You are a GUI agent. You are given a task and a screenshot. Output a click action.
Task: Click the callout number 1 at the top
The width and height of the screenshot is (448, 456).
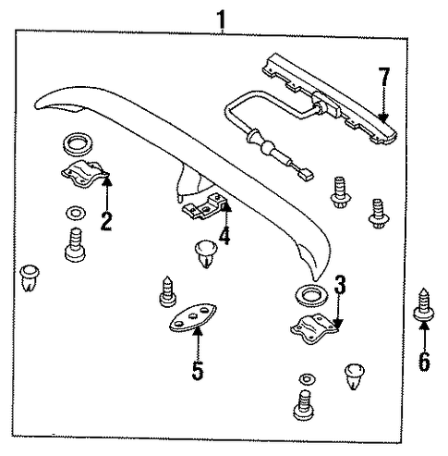(x=222, y=19)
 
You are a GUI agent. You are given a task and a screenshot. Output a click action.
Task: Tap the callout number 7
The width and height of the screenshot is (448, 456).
(x=385, y=77)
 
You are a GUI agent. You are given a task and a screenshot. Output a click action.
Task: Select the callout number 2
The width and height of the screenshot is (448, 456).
(x=106, y=221)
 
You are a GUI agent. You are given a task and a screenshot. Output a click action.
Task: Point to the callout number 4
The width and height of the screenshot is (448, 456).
(x=224, y=236)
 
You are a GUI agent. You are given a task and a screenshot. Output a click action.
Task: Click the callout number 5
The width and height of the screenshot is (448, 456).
(x=198, y=370)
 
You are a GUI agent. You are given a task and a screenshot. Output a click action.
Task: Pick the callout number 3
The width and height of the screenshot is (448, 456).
(x=340, y=284)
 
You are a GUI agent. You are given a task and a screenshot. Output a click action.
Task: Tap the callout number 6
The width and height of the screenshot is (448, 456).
(x=424, y=362)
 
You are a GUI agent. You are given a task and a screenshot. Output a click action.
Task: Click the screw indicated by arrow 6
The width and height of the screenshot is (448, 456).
(x=424, y=305)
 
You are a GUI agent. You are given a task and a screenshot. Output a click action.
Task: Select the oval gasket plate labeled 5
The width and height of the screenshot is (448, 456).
(x=193, y=318)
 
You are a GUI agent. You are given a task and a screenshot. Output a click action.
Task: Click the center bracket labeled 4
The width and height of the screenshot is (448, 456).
(x=205, y=206)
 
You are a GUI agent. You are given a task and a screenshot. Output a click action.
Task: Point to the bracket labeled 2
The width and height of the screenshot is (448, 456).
(x=84, y=174)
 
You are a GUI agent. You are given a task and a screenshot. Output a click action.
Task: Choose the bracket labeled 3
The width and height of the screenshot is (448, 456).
(x=314, y=329)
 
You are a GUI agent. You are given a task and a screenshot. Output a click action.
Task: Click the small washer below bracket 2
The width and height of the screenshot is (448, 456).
(x=76, y=213)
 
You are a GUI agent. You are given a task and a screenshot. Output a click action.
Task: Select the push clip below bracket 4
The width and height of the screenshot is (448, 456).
(x=206, y=254)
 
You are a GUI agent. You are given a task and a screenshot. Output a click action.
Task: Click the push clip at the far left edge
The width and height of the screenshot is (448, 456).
(x=30, y=277)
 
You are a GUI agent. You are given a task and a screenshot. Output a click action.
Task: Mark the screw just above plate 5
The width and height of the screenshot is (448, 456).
(x=168, y=291)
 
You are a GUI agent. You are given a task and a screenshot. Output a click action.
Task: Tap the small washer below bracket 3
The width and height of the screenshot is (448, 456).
(x=307, y=379)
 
